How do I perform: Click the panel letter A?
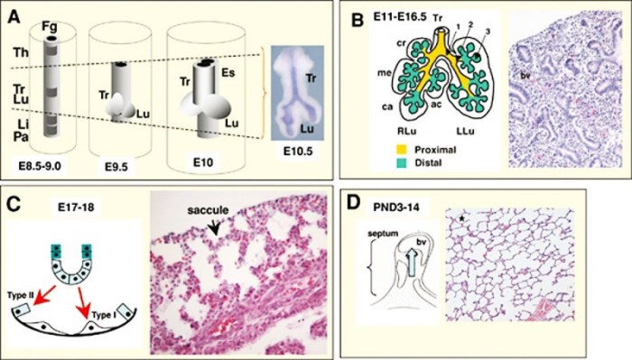(15, 14)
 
